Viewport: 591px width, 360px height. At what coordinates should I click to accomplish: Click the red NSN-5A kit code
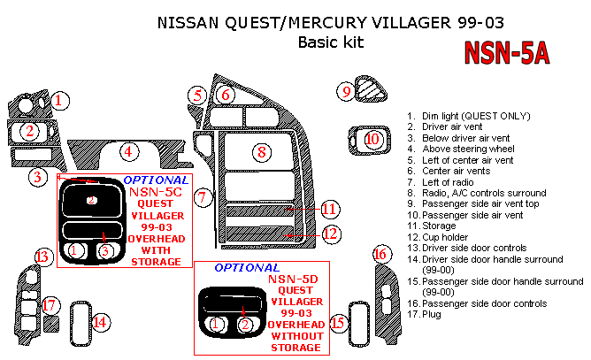507,54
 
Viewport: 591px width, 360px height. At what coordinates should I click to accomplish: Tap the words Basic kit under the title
331,42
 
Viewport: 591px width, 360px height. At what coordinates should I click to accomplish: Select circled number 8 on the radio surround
261,152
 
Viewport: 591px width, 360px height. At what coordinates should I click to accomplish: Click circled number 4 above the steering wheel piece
128,151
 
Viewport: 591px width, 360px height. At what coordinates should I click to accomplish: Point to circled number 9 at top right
348,90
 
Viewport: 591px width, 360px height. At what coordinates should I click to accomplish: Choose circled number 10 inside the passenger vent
372,139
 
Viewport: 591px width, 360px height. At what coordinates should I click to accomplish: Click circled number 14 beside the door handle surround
101,323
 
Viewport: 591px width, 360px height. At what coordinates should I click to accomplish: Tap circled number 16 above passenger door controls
380,256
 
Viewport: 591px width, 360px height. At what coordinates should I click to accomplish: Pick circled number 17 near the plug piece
50,305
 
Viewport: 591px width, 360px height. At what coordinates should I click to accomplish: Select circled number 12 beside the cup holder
330,234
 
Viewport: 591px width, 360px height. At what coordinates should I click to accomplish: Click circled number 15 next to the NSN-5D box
337,324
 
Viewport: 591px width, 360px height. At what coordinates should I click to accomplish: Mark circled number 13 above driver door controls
43,257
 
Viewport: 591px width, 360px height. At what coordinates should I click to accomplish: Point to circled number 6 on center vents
226,95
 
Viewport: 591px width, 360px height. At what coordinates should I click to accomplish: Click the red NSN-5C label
155,190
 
